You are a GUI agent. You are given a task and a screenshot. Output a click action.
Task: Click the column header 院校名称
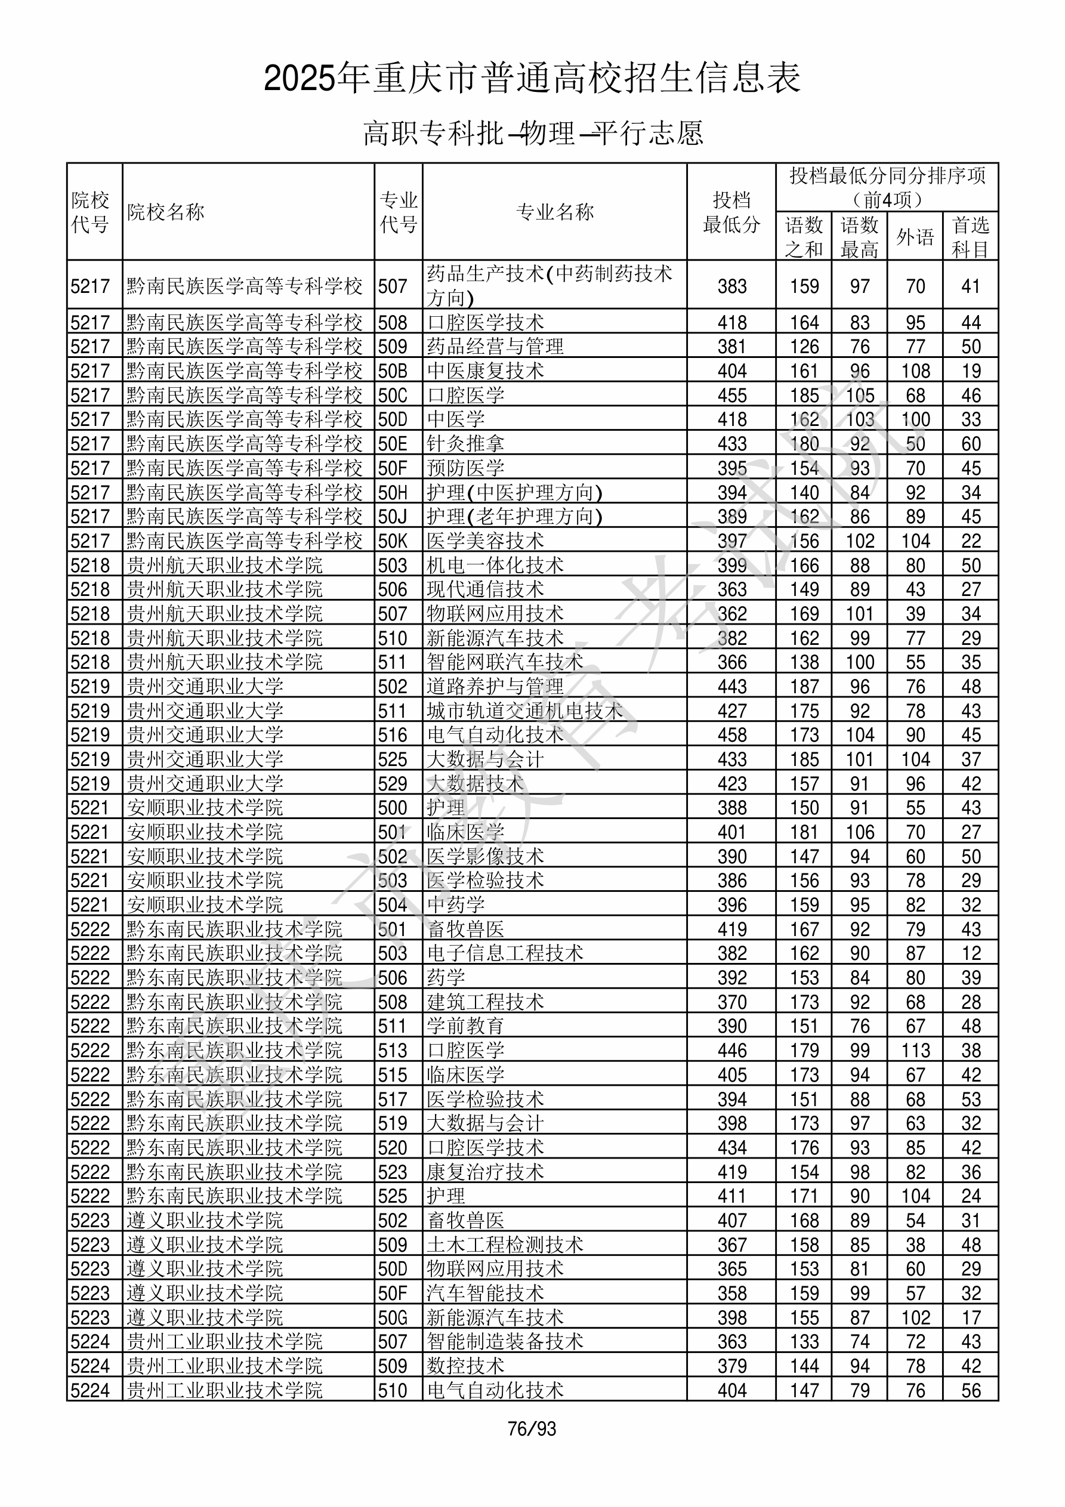[x=166, y=212]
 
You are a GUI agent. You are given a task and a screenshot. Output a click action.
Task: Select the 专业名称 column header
[x=555, y=212]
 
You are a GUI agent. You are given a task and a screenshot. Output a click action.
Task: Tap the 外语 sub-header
[x=915, y=237]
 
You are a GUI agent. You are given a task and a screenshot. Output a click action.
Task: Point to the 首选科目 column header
[x=971, y=237]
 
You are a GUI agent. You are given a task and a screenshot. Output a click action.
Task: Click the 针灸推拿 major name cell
[x=465, y=444]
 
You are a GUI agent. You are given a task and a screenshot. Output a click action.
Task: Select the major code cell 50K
[x=393, y=541]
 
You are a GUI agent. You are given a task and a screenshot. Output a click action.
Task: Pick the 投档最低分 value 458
[x=731, y=735]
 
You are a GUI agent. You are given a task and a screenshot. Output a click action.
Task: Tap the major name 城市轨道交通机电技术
[x=524, y=711]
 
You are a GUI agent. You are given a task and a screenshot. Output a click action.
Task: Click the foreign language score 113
[x=915, y=1050]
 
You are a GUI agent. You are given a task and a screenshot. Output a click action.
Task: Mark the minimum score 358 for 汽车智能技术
[x=731, y=1293]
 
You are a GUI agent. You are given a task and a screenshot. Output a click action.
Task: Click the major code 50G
[x=393, y=1317]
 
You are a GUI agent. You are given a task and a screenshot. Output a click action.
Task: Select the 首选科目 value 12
[x=971, y=953]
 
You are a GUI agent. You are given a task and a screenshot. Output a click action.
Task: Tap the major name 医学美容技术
[x=485, y=541]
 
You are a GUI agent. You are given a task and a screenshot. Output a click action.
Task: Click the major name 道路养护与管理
[x=495, y=687]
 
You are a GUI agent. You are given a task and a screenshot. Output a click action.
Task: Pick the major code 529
[x=393, y=784]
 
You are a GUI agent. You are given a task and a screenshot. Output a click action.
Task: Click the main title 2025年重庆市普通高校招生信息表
[x=532, y=79]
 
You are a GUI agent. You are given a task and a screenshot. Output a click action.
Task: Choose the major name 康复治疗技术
[x=485, y=1172]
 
